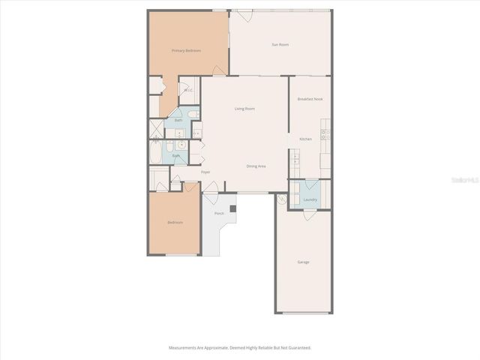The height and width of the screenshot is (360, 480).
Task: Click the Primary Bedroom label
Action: pyautogui.click(x=186, y=50)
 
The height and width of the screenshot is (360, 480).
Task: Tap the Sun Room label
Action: pyautogui.click(x=280, y=45)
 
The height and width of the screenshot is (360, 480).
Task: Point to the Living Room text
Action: pyautogui.click(x=244, y=109)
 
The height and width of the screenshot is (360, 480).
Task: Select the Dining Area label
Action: pyautogui.click(x=256, y=166)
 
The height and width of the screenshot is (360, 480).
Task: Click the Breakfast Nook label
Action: pyautogui.click(x=310, y=99)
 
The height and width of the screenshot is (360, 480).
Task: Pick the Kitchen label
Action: pyautogui.click(x=305, y=139)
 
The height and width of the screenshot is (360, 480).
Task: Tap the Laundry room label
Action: pyautogui.click(x=310, y=199)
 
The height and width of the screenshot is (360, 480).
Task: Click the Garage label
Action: pyautogui.click(x=303, y=262)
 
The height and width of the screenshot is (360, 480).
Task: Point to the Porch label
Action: pyautogui.click(x=219, y=214)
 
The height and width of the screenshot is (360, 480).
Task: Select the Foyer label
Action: pyautogui.click(x=205, y=172)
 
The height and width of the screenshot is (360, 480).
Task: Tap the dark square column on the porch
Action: pyautogui.click(x=232, y=208)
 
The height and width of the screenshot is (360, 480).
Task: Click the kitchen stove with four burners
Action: pyautogui.click(x=325, y=135)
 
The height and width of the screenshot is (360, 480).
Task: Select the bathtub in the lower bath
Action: pyautogui.click(x=155, y=153)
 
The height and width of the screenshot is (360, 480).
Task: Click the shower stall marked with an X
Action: pyautogui.click(x=156, y=129)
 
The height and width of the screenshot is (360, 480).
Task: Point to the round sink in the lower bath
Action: pyautogui.click(x=181, y=145)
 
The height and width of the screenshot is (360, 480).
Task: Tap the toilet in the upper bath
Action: pyautogui.click(x=193, y=114)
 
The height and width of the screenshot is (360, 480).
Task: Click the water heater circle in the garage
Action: pyautogui.click(x=281, y=199)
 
